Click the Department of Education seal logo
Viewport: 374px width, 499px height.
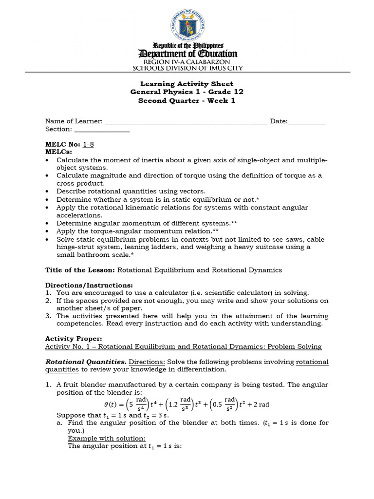tap(188, 23)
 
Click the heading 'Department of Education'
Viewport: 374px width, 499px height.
tap(188, 54)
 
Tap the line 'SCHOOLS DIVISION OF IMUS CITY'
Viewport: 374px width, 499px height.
tap(188, 69)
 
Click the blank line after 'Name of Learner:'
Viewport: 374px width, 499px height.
tap(186, 122)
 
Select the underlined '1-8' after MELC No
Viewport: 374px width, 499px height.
tap(88, 145)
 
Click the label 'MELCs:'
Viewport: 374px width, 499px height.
tap(58, 152)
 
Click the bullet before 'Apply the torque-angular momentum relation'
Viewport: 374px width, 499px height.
tap(47, 231)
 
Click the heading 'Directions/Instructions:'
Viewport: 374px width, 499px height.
tap(89, 285)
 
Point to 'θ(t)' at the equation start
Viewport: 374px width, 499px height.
tap(112, 404)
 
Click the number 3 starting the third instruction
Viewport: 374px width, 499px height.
tap(48, 316)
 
